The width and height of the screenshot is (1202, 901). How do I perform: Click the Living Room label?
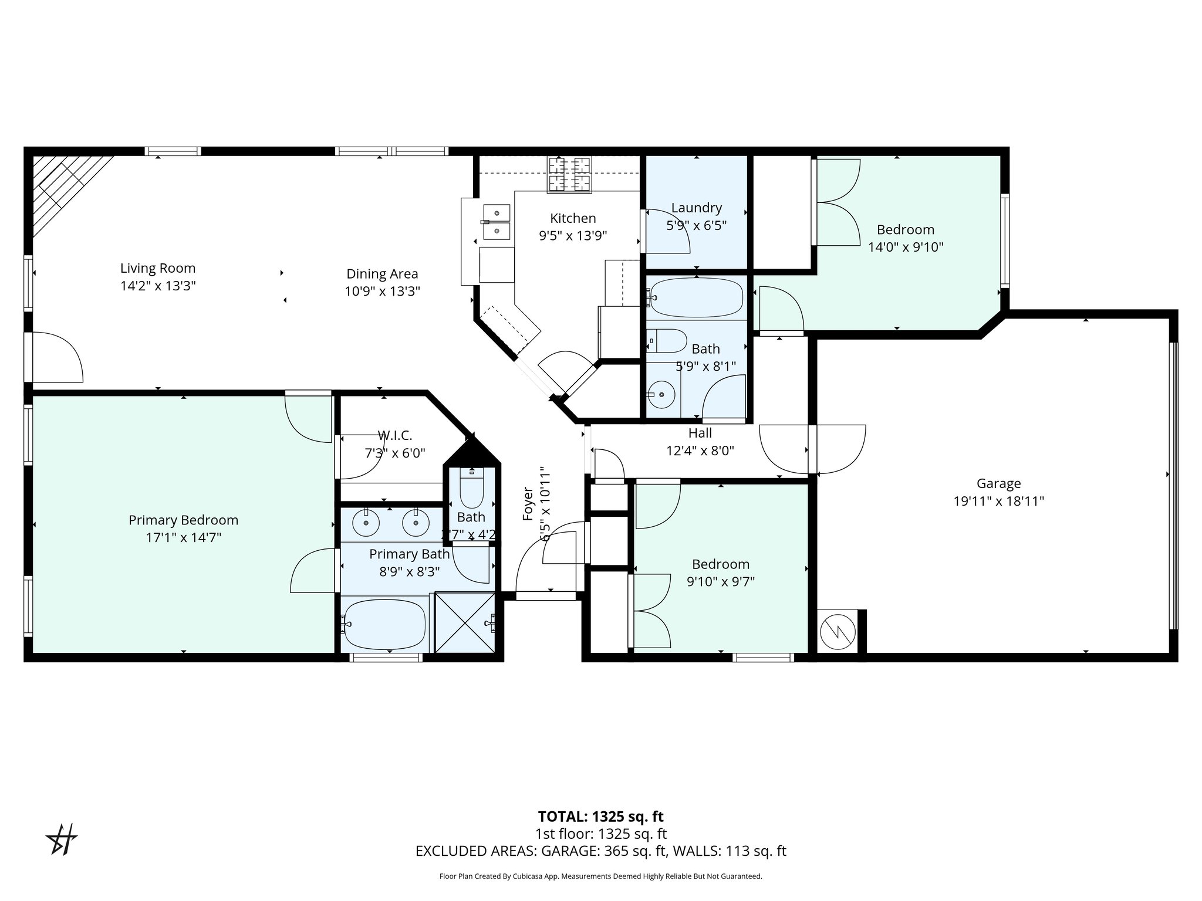157,268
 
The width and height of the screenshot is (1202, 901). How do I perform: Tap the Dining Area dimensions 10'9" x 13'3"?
382,291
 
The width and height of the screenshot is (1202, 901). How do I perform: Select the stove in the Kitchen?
569,174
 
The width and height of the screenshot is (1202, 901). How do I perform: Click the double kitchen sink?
497,222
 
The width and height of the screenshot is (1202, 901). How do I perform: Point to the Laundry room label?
696,208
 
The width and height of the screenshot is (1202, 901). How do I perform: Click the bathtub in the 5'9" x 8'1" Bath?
696,297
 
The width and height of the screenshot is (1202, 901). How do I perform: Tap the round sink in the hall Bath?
662,394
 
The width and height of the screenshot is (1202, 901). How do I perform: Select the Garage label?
998,483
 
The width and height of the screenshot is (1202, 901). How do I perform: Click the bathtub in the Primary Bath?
385,624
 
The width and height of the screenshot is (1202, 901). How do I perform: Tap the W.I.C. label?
394,436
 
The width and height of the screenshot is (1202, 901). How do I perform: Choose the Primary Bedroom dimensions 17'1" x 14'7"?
183,537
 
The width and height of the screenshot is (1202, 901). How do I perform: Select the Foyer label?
528,503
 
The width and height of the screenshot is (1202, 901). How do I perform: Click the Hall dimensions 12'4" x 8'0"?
700,450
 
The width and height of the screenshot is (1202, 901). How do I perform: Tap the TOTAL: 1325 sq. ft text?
600,817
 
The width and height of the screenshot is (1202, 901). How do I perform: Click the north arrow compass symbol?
62,839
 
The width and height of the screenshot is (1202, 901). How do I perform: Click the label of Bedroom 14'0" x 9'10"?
905,229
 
